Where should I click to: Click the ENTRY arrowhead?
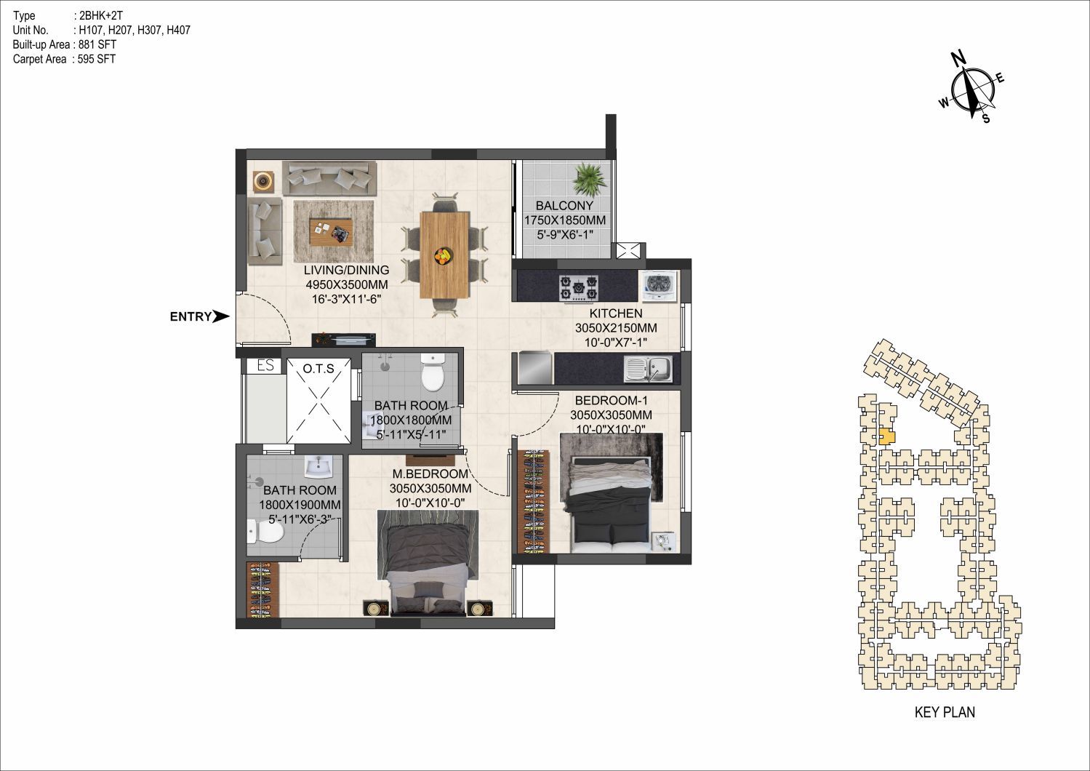click(x=221, y=316)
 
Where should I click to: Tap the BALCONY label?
click(x=564, y=205)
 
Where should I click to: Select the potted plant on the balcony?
click(x=589, y=180)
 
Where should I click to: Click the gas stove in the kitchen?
click(x=579, y=287)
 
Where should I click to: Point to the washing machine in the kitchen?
click(x=657, y=287)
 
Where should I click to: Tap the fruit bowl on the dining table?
click(x=444, y=256)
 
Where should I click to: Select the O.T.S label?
click(x=318, y=369)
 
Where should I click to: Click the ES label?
click(x=265, y=365)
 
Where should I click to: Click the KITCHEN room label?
click(x=616, y=313)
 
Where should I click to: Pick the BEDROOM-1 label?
click(x=612, y=401)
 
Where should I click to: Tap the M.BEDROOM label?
click(x=430, y=474)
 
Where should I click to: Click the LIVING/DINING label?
click(x=346, y=270)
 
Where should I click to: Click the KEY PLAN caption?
click(x=945, y=713)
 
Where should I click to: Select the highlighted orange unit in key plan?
click(x=887, y=436)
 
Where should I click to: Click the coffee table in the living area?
click(x=331, y=232)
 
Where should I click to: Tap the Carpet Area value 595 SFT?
click(x=97, y=60)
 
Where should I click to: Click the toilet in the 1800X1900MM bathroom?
click(x=265, y=532)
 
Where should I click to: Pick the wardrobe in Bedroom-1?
click(x=533, y=501)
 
